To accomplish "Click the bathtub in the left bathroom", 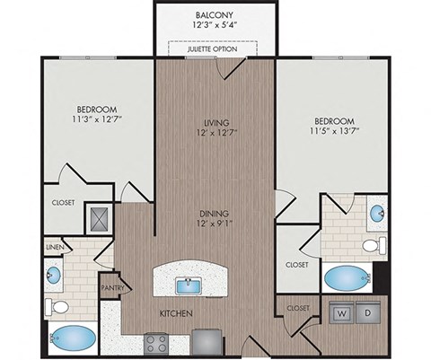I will tap(73, 340).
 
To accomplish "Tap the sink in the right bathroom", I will tap(377, 214).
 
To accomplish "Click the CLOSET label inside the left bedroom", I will tap(63, 203).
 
